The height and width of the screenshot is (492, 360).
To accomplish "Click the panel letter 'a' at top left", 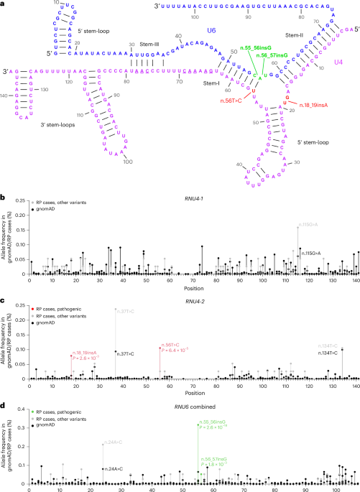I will [4, 4].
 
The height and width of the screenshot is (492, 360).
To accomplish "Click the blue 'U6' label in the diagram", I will [211, 31].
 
